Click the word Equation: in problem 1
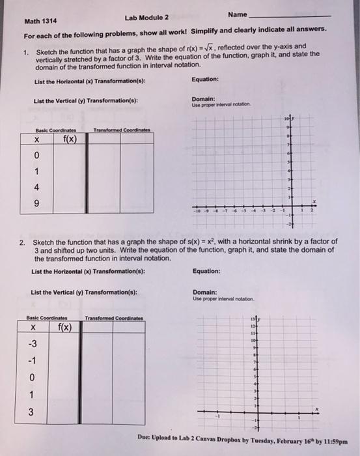click(206, 81)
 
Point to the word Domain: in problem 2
click(204, 292)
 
